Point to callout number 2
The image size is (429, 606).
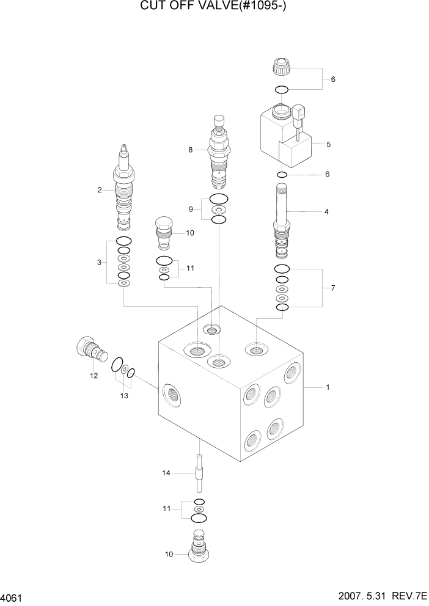coord(99,190)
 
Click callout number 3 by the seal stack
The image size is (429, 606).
coord(99,263)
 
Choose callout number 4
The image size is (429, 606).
coord(326,212)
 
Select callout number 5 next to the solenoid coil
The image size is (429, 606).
coord(328,145)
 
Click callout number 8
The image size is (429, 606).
coord(191,150)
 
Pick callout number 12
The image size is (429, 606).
coord(94,376)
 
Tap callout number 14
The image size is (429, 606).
coord(165,472)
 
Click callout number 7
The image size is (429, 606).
coord(332,287)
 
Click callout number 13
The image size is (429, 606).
coord(124,396)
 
